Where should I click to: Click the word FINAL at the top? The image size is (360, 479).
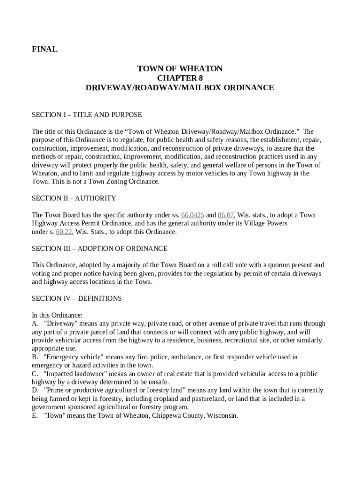pyautogui.click(x=44, y=49)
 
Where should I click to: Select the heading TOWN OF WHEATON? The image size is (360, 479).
pyautogui.click(x=180, y=69)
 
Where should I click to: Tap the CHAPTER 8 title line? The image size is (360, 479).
pyautogui.click(x=180, y=78)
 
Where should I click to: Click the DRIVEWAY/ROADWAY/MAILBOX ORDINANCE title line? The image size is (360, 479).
pyautogui.click(x=180, y=87)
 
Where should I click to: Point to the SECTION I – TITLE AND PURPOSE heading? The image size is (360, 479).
pyautogui.click(x=86, y=115)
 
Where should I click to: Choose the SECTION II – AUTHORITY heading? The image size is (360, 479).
pyautogui.click(x=74, y=198)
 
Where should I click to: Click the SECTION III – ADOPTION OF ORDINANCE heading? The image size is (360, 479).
pyautogui.click(x=100, y=248)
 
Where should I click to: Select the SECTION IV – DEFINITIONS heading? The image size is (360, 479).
pyautogui.click(x=77, y=298)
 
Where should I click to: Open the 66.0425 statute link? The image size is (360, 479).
pyautogui.click(x=193, y=215)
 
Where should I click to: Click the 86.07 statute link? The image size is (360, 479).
pyautogui.click(x=226, y=215)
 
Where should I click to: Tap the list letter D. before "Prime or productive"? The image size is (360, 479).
pyautogui.click(x=35, y=391)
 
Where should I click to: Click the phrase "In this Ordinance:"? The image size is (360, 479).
pyautogui.click(x=57, y=315)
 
